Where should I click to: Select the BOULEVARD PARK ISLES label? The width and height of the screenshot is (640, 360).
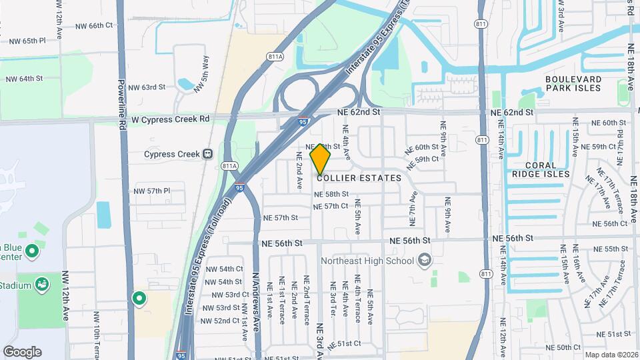tap(573, 83)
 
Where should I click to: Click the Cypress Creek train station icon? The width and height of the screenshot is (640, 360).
tap(208, 154)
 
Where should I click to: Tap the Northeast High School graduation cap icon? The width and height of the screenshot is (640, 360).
tap(423, 261)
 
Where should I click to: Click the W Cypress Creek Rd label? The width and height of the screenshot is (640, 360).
tap(171, 119)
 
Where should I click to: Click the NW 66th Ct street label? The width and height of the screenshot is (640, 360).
tap(95, 25)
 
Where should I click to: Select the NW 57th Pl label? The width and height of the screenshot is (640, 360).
tap(153, 191)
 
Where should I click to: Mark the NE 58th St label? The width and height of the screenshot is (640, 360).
tap(331, 194)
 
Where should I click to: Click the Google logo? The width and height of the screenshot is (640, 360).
tap(22, 351)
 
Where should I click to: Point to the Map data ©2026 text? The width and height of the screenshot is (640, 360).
tap(611, 355)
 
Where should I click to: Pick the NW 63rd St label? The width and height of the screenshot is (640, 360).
tap(146, 87)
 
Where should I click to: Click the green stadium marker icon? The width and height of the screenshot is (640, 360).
tap(43, 285)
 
